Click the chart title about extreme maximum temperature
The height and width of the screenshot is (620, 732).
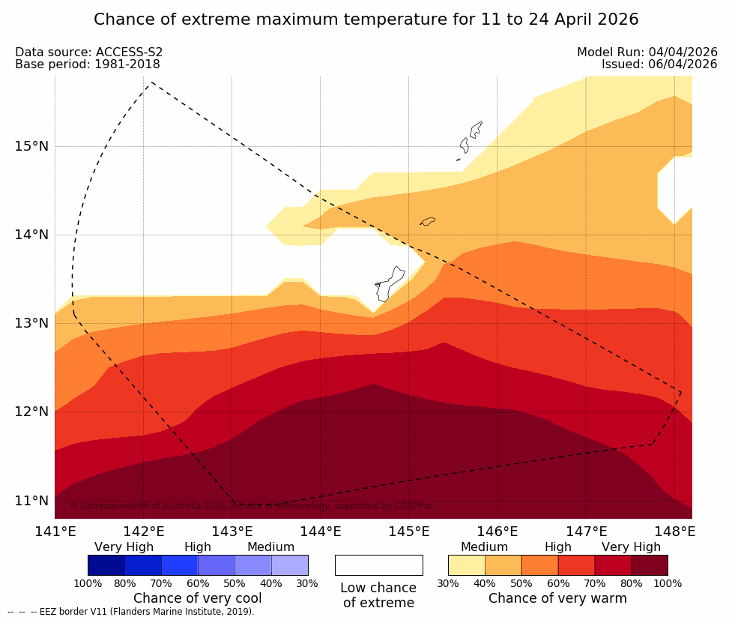point(366,19)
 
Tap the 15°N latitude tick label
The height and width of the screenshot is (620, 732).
point(31,145)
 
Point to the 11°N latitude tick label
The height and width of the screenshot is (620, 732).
point(31,500)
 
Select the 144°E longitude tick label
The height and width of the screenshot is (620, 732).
point(321,532)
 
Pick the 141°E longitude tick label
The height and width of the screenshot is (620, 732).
point(55,532)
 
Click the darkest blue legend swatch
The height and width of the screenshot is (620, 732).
point(106,565)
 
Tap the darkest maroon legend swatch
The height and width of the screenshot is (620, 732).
point(649,565)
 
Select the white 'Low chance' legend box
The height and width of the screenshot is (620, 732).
point(378,565)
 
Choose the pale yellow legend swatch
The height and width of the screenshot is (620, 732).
point(466,565)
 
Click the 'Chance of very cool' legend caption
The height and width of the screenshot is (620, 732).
point(198,598)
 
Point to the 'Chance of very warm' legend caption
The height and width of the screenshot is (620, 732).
point(557,598)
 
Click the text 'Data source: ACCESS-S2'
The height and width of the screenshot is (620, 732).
point(88,52)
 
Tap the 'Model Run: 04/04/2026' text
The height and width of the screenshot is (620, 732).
point(647,52)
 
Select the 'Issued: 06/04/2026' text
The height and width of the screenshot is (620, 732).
point(659,64)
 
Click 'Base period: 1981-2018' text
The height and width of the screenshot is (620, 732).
point(87,64)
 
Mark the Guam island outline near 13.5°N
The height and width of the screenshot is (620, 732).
point(390,284)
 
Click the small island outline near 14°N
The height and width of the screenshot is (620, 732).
point(427,221)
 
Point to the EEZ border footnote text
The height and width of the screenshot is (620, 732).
point(131,612)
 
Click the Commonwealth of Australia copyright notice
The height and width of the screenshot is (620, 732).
point(251,506)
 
